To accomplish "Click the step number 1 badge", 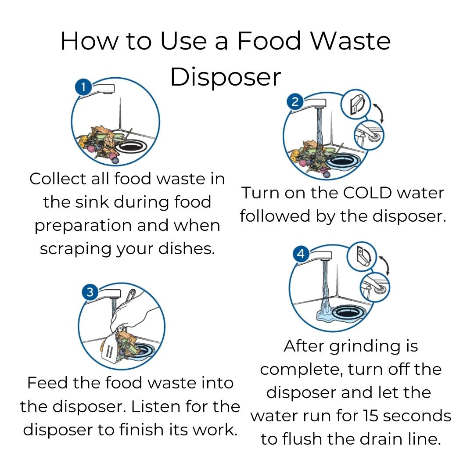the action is tap(83, 87).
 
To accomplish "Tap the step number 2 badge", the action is tap(295, 101).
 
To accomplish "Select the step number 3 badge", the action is tap(90, 292).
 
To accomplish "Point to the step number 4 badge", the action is tap(301, 254).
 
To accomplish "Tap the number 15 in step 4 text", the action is tap(370, 416).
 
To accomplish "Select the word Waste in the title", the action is tap(351, 41).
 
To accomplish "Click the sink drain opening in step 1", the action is tap(131, 147).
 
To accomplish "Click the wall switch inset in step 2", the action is tap(355, 104).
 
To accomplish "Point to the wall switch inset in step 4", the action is tap(362, 256).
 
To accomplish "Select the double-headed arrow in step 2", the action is tap(379, 112).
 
